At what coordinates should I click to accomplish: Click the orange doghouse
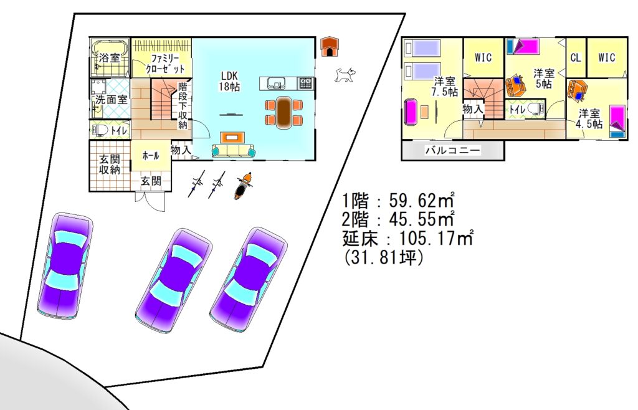click(x=329, y=46)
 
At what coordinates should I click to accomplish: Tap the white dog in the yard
click(x=345, y=75)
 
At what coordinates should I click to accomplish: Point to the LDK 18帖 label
click(x=230, y=81)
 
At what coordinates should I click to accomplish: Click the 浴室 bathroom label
click(x=110, y=57)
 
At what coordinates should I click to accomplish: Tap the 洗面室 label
click(x=111, y=99)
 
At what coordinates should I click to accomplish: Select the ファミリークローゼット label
click(x=164, y=63)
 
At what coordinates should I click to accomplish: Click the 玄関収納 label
click(x=110, y=164)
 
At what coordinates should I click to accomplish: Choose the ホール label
click(x=151, y=155)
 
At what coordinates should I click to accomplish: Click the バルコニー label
click(x=452, y=150)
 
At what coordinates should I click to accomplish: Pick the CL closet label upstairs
click(x=575, y=57)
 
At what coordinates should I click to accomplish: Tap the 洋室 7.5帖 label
click(x=445, y=86)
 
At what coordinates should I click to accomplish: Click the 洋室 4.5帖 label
click(x=589, y=118)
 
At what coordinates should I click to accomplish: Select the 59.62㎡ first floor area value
click(x=422, y=200)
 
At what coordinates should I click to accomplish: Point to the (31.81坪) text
click(x=383, y=257)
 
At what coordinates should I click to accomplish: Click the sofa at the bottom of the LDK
click(x=234, y=151)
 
